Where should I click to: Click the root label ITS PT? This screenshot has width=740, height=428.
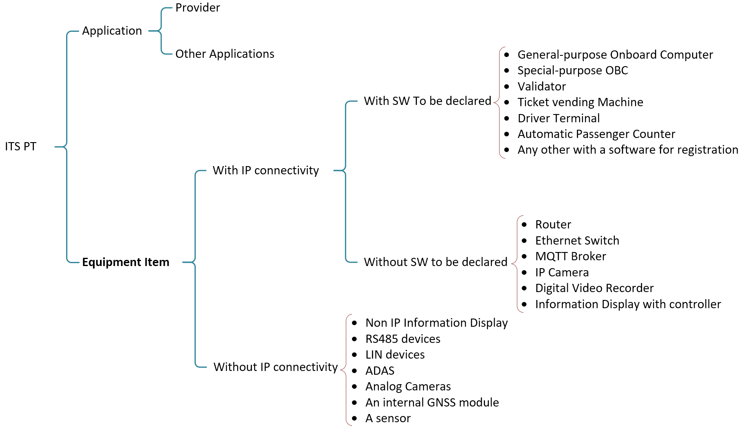21,147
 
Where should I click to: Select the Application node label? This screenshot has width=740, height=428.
112,31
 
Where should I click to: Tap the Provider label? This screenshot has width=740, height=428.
197,8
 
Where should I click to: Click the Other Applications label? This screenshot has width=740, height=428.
225,54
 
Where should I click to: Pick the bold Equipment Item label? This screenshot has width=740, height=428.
126,262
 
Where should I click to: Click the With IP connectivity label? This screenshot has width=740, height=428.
266,171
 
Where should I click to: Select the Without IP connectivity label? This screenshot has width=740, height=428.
276,367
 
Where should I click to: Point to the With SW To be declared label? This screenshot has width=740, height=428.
427,101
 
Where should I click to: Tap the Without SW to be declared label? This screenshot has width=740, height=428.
435,262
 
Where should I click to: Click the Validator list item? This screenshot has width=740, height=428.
541,87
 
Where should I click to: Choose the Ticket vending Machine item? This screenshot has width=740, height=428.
580,102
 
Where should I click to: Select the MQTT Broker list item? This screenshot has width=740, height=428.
570,257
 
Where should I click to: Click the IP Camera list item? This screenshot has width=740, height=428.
562,273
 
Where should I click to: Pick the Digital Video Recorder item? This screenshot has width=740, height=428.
594,288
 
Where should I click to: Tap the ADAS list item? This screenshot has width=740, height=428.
380,371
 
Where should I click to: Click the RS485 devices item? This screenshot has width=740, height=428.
403,339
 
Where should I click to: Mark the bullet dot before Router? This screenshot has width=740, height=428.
524,225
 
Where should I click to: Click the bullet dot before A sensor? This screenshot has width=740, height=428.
355,418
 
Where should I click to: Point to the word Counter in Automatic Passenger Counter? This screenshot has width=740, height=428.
655,134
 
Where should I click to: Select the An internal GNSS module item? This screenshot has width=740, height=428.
432,403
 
